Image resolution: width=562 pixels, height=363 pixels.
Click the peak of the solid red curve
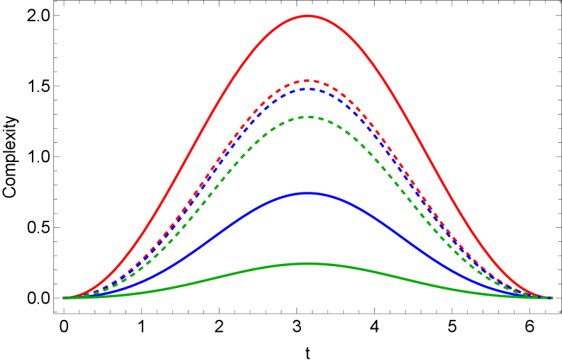[308, 16]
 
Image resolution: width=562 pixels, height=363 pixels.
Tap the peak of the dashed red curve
[308, 81]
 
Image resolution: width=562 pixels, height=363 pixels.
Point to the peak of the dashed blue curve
[308, 89]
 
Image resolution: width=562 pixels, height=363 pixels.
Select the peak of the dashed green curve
[308, 117]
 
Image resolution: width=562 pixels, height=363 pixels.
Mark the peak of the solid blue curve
[308, 192]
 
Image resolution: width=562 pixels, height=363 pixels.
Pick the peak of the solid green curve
[308, 263]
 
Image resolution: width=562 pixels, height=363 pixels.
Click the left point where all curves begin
[64, 298]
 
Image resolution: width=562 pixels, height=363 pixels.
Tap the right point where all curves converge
[551, 298]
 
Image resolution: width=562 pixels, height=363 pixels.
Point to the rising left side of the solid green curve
[213, 278]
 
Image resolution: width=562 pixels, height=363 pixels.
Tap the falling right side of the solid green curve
[404, 278]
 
